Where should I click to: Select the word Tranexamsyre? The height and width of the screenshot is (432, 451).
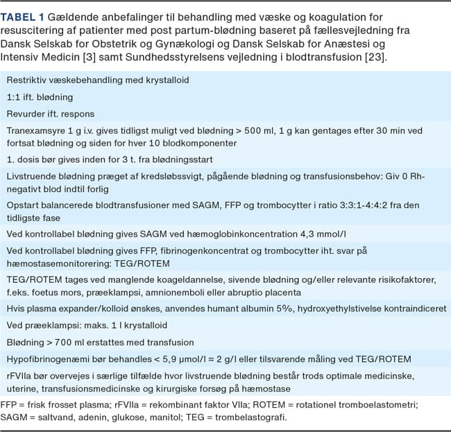pos(36,130)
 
